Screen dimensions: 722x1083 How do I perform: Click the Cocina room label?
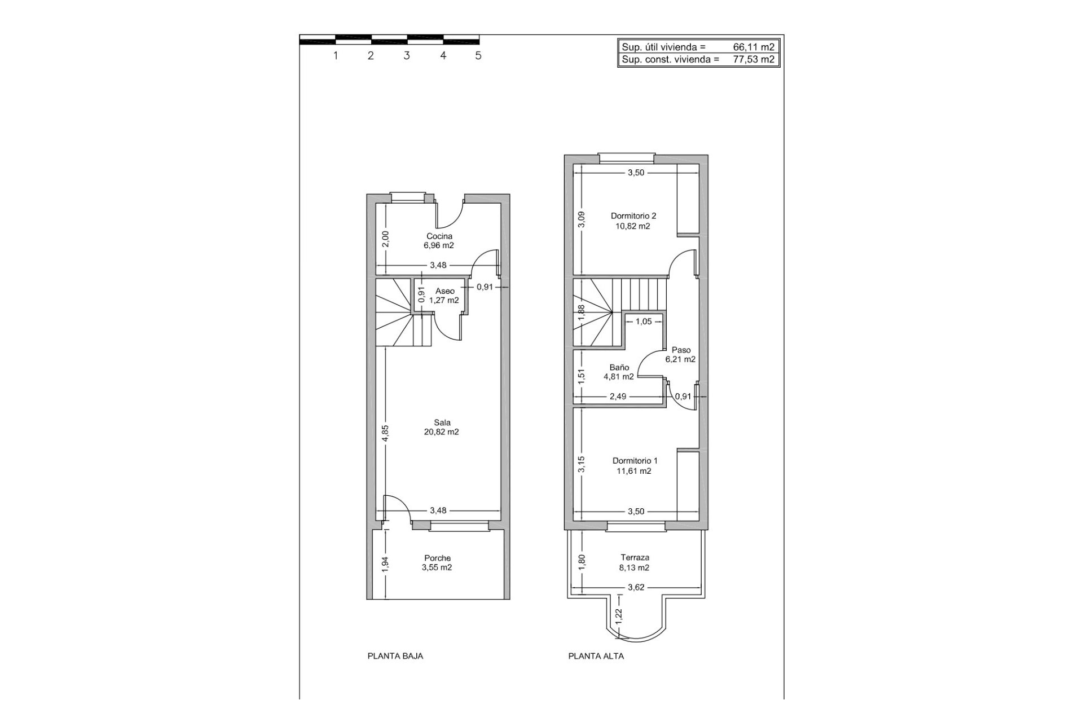(x=439, y=236)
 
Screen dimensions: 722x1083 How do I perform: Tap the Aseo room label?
(x=444, y=291)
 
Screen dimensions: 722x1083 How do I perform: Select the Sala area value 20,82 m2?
(x=441, y=433)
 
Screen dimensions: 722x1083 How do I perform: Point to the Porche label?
(x=438, y=558)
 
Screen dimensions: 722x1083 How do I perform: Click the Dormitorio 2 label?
(x=633, y=215)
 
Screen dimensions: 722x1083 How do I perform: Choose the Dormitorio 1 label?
(x=635, y=461)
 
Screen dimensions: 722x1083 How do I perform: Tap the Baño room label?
(x=619, y=367)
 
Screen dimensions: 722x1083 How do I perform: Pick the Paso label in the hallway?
(x=681, y=350)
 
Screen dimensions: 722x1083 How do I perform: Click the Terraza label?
(x=635, y=557)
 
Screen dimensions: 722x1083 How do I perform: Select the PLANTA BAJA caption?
(x=395, y=656)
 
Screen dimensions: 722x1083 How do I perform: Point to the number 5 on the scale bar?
(x=478, y=56)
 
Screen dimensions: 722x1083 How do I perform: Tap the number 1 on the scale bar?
(x=336, y=56)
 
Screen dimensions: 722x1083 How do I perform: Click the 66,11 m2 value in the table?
(x=754, y=47)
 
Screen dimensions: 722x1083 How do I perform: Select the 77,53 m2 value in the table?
(x=754, y=59)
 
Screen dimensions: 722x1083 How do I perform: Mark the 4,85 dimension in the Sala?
(x=385, y=433)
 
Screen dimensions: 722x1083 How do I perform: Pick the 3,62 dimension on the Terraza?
(x=636, y=587)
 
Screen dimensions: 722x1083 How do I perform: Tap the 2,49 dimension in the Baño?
(x=618, y=397)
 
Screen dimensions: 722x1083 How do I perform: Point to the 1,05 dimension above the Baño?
(x=643, y=322)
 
